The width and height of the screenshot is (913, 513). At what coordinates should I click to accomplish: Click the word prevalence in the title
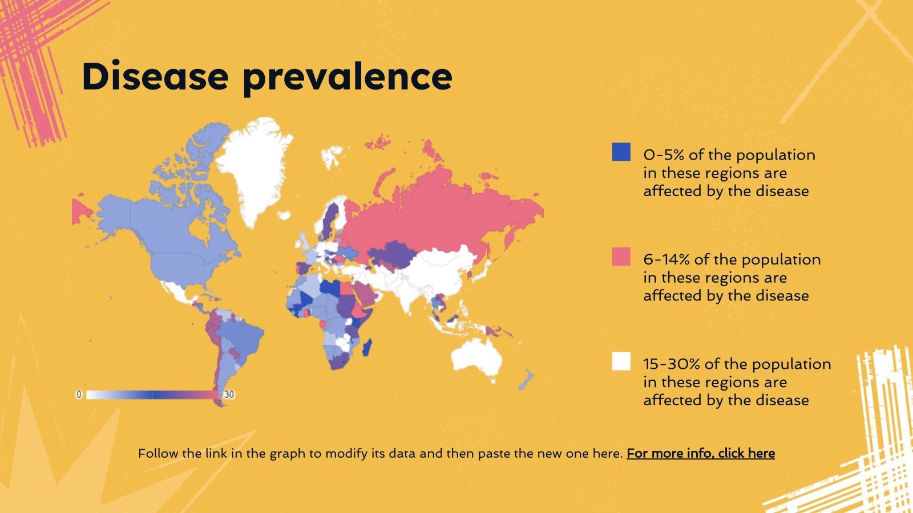tap(347, 77)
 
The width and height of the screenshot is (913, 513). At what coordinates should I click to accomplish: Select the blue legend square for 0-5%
tap(621, 152)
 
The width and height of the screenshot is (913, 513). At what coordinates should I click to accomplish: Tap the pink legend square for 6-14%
tap(621, 256)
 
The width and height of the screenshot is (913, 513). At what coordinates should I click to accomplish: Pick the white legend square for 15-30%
tap(621, 361)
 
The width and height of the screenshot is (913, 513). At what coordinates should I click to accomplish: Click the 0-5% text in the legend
tap(664, 155)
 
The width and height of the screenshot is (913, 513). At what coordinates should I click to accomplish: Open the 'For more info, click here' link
tap(700, 454)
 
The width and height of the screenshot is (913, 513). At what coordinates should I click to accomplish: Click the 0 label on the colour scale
tap(79, 394)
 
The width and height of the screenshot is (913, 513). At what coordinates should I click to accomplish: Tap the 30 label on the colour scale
tap(228, 394)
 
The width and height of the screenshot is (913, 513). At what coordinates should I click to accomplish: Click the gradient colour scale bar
tap(152, 394)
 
